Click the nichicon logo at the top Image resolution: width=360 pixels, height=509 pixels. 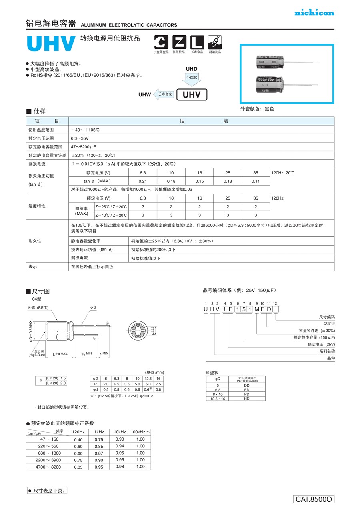pyautogui.click(x=314, y=13)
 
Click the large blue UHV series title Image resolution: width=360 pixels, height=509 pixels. pyautogui.click(x=51, y=44)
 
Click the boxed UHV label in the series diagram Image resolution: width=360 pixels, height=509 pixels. pyautogui.click(x=194, y=94)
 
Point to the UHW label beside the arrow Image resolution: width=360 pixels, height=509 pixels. pyautogui.click(x=144, y=95)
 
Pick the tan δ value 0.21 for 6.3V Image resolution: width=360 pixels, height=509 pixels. pyautogui.click(x=143, y=181)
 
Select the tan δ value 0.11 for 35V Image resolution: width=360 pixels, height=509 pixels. pyautogui.click(x=256, y=181)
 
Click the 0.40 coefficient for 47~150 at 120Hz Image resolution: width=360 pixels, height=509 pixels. pyautogui.click(x=78, y=439)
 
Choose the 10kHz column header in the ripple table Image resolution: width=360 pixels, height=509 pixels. pyautogui.click(x=120, y=432)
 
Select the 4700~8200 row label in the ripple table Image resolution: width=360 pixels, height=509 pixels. pyautogui.click(x=48, y=467)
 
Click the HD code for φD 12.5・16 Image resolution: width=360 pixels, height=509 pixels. pyautogui.click(x=246, y=399)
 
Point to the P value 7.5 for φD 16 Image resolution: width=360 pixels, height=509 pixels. pyautogui.click(x=158, y=384)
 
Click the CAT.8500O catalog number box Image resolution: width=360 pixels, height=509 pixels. pyautogui.click(x=314, y=499)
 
